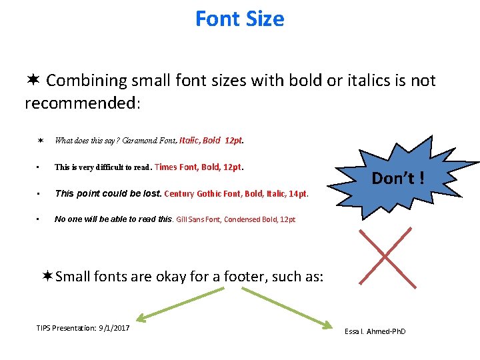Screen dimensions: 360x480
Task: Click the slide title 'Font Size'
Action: [239, 19]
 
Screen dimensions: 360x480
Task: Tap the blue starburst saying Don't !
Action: [398, 178]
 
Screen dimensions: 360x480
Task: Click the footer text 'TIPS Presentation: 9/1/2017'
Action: [83, 328]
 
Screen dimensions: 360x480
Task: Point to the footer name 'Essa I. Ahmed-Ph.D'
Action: [375, 331]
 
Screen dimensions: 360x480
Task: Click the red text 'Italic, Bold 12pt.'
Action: [212, 141]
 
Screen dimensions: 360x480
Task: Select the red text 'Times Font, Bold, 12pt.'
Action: [199, 167]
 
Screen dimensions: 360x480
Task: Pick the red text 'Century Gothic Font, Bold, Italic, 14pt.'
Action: [236, 194]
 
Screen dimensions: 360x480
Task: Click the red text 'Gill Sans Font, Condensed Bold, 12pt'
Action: [236, 219]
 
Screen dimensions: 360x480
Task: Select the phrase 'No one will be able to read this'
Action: [113, 219]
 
